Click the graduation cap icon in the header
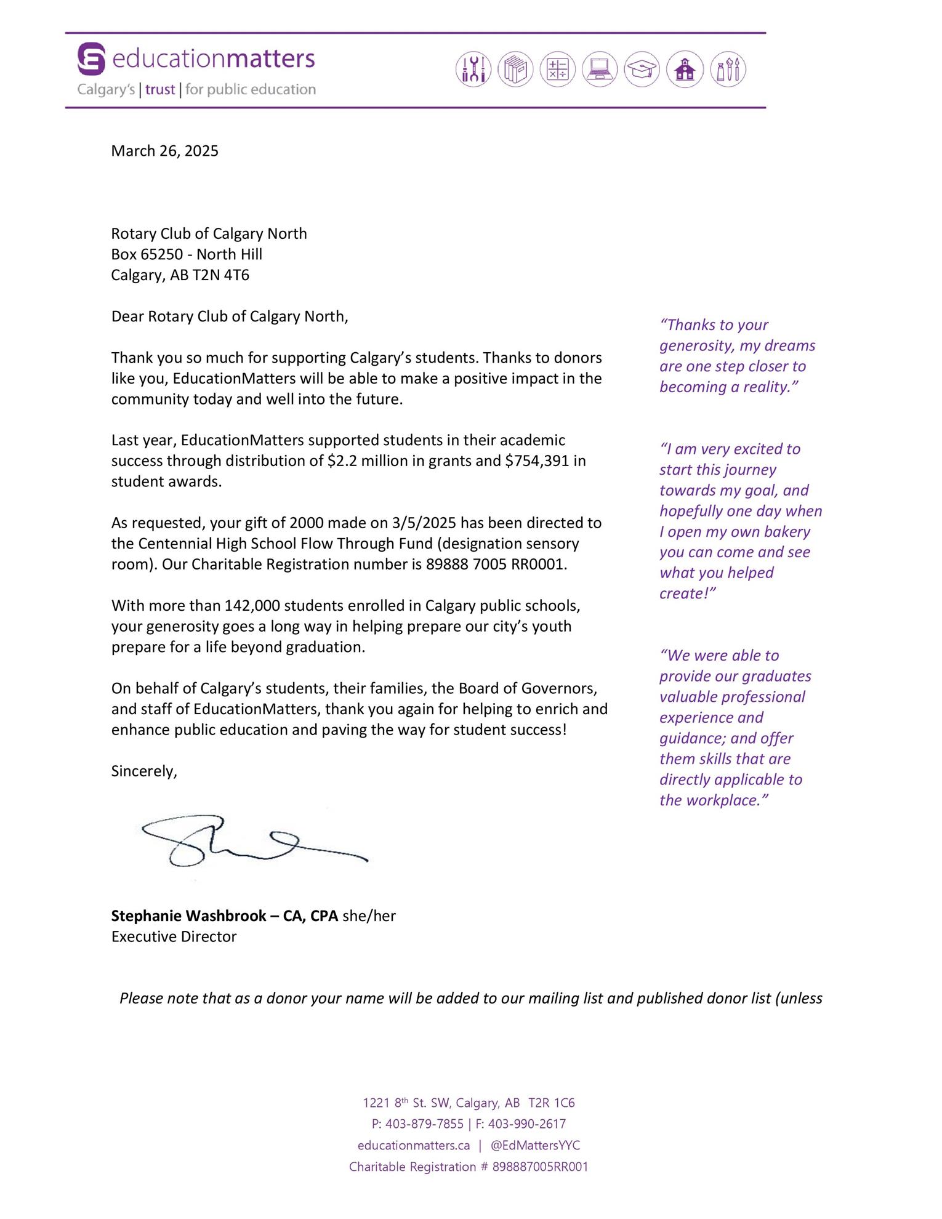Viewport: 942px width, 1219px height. tap(642, 69)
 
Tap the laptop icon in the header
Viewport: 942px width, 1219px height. tap(600, 69)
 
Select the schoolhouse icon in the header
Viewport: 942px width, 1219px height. tap(685, 69)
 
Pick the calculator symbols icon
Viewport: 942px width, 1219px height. tap(557, 69)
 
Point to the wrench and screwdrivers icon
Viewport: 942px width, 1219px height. tap(473, 69)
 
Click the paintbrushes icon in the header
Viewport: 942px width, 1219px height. tap(728, 69)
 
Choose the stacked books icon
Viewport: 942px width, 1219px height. tap(515, 69)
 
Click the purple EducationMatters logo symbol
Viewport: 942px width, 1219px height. tap(91, 58)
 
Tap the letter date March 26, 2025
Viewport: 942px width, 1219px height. tap(164, 151)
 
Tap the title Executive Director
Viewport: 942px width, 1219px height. tap(174, 936)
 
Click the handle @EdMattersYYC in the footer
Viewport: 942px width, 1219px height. tap(535, 1145)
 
